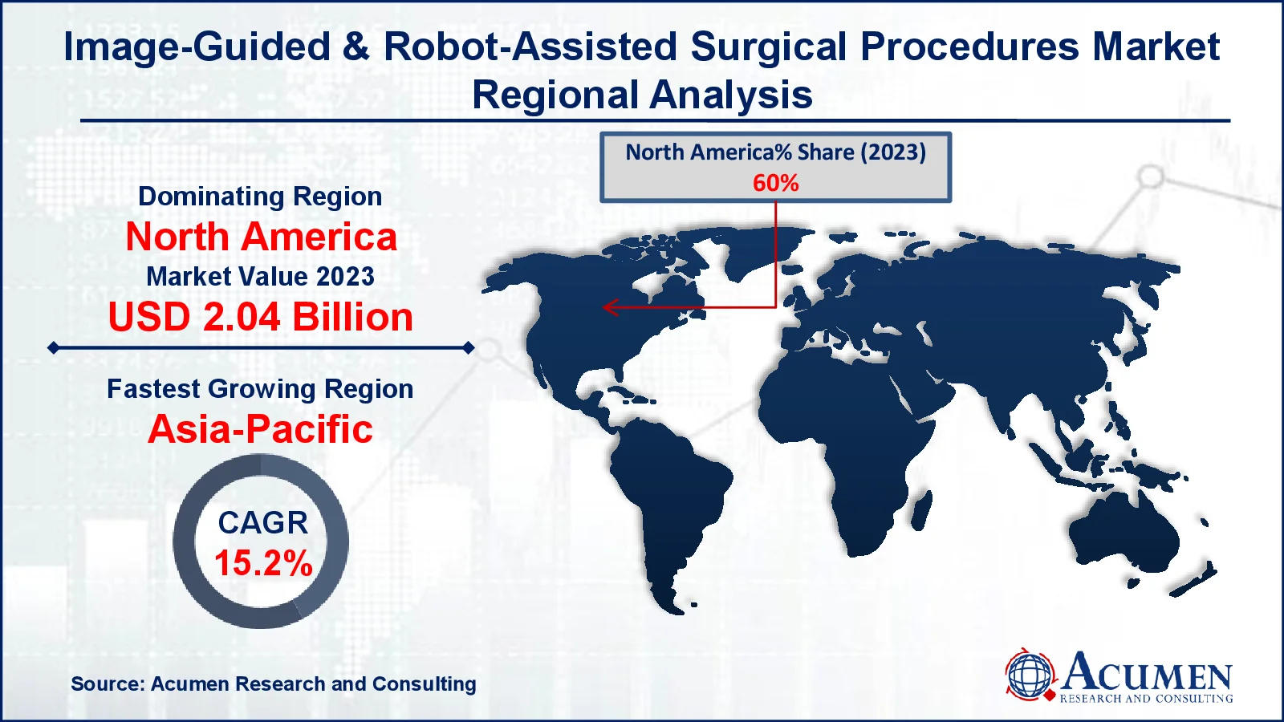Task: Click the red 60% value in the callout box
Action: point(775,183)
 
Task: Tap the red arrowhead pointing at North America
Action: point(610,307)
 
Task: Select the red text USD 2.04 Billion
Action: point(261,317)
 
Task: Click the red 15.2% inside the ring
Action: point(264,562)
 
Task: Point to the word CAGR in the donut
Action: point(262,522)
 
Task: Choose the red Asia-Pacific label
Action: point(261,429)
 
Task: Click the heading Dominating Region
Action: point(260,197)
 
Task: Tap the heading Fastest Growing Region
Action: point(260,389)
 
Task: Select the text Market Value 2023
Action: point(260,276)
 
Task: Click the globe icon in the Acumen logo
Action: point(1030,675)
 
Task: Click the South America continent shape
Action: point(665,505)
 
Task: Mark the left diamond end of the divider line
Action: point(53,348)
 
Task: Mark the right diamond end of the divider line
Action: point(469,348)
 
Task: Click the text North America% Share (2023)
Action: point(775,152)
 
